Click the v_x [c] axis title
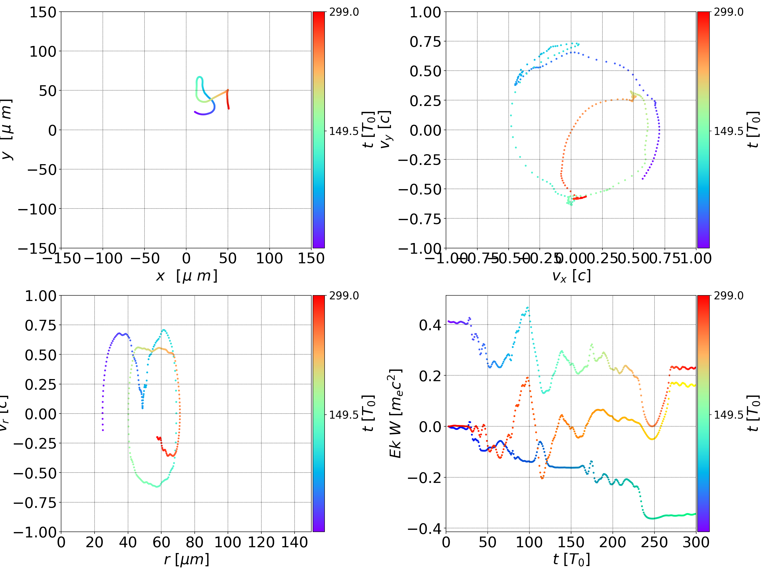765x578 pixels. click(571, 276)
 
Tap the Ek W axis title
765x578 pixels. click(395, 413)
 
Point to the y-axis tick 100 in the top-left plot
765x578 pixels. click(42, 52)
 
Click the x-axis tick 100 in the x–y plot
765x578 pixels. click(269, 258)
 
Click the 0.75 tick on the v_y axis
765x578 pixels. click(425, 42)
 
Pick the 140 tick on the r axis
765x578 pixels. click(294, 542)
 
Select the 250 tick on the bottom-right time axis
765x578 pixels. click(654, 542)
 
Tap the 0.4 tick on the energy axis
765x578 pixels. click(430, 325)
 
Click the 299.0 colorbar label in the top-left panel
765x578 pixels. click(344, 12)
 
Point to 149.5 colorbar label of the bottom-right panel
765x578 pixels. click(728, 415)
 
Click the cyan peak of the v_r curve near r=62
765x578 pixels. click(164, 330)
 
